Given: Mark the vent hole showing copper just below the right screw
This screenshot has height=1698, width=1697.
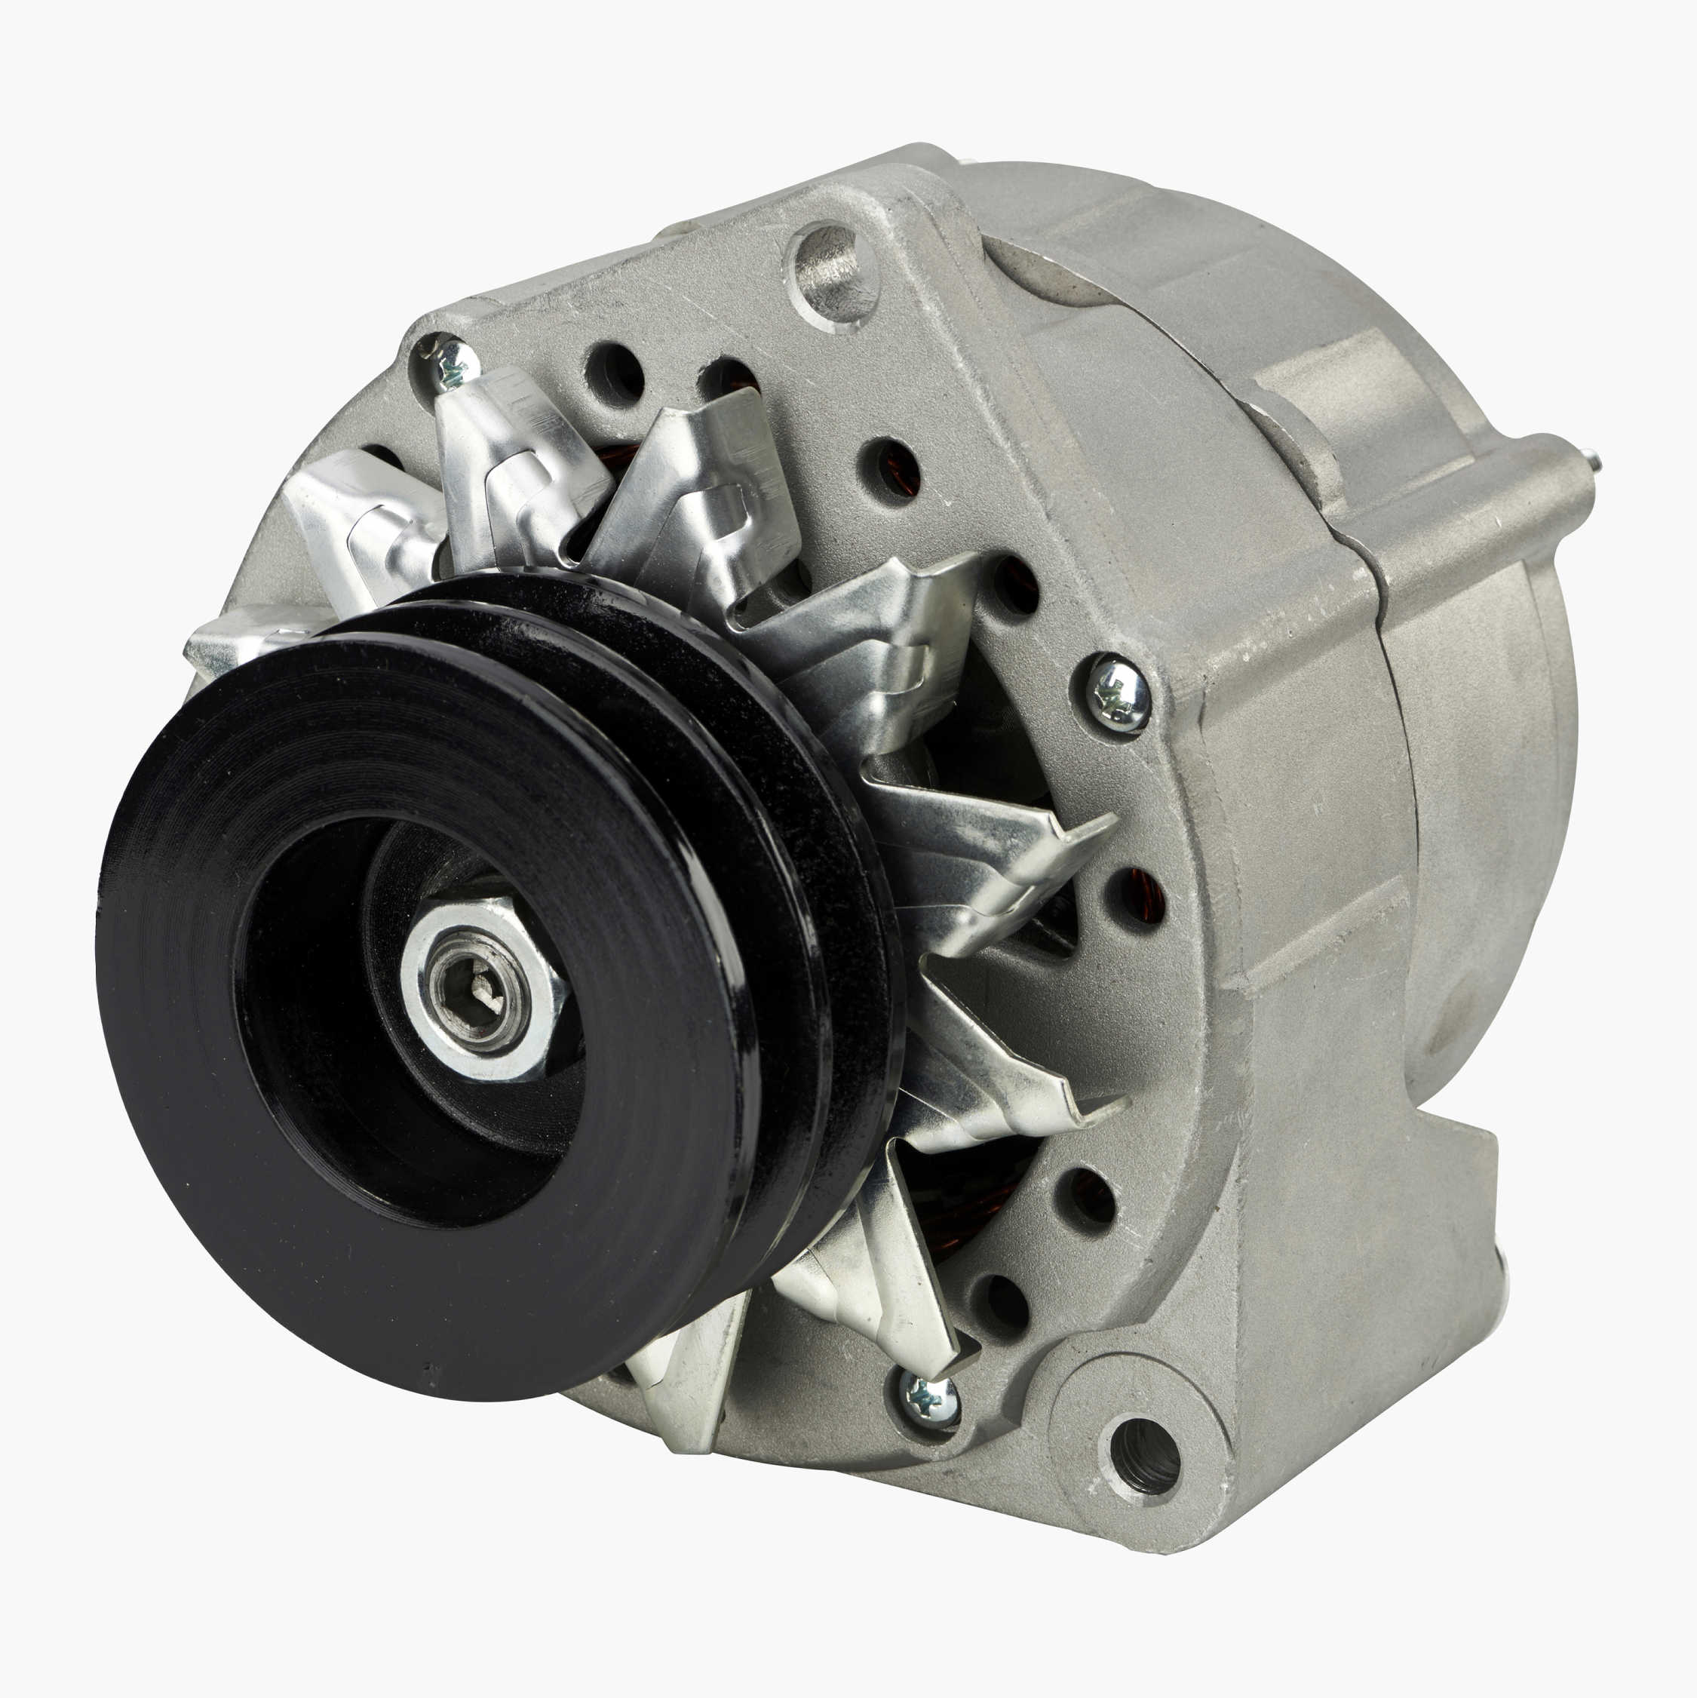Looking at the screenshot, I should click(1137, 896).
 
